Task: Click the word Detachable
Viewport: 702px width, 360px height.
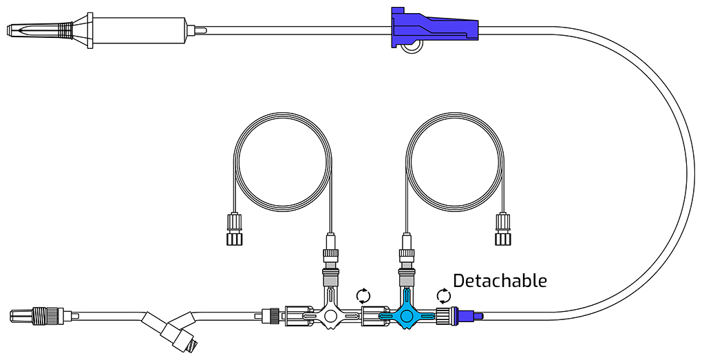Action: point(500,281)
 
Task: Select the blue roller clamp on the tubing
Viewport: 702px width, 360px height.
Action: point(435,28)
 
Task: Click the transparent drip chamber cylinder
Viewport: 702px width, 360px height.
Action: point(139,30)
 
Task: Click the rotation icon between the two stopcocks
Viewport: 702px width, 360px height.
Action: point(363,296)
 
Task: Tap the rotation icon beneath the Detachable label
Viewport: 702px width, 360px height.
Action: point(444,296)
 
